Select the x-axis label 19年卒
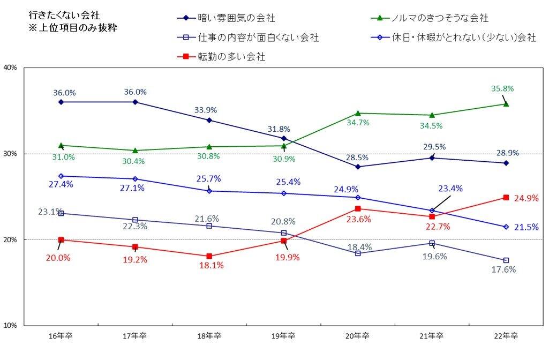click(284, 336)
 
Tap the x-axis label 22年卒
click(506, 336)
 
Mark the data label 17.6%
click(503, 270)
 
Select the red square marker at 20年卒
click(358, 208)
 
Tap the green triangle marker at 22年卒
click(506, 103)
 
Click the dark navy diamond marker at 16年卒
click(61, 102)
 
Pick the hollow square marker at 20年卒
click(358, 253)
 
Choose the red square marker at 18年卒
click(209, 256)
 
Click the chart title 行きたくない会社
click(58, 17)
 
